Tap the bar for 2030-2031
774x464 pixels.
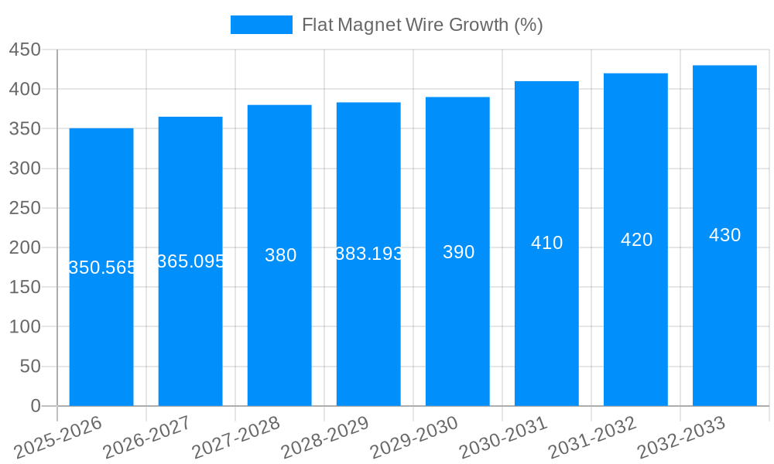coord(546,325)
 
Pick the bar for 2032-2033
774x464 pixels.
coord(724,325)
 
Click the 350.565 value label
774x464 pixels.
coord(102,268)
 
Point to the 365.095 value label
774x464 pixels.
coord(190,261)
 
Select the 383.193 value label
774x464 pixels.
coord(369,254)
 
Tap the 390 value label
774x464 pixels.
coord(458,252)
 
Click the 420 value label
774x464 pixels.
coord(636,240)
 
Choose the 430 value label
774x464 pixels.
coord(724,235)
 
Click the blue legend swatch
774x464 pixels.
coord(262,25)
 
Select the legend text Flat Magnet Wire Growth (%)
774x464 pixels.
coord(422,25)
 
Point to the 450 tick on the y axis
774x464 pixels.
coord(25,49)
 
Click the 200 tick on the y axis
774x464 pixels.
coord(25,247)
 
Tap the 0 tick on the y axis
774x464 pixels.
coord(35,406)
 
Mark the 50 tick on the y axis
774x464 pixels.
coord(29,367)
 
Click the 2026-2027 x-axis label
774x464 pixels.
coord(147,438)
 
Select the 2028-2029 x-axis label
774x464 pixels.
coord(325,438)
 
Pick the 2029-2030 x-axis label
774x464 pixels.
coord(414,438)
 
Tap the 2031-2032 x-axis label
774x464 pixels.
coord(592,438)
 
